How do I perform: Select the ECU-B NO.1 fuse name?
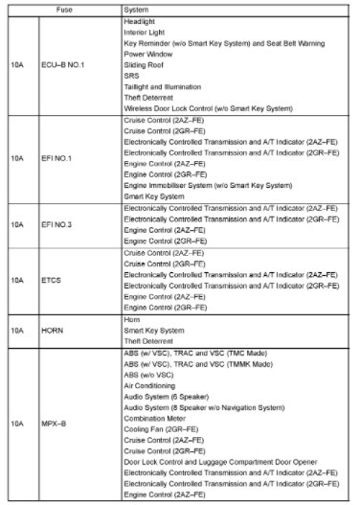click(63, 64)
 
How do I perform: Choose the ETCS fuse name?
click(53, 282)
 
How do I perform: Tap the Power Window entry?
click(148, 55)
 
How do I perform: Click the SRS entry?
click(132, 77)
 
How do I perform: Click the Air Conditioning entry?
click(151, 386)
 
